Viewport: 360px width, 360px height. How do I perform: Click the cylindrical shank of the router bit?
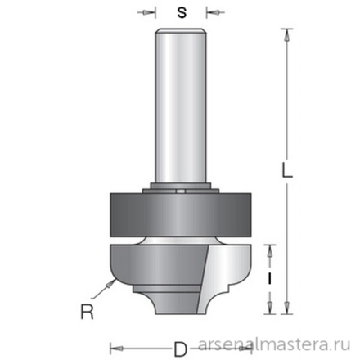(x=178, y=106)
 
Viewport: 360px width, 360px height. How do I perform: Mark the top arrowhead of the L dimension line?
(x=286, y=34)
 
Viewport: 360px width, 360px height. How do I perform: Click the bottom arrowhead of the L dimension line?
(x=286, y=308)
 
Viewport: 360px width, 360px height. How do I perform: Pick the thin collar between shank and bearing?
(x=178, y=191)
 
